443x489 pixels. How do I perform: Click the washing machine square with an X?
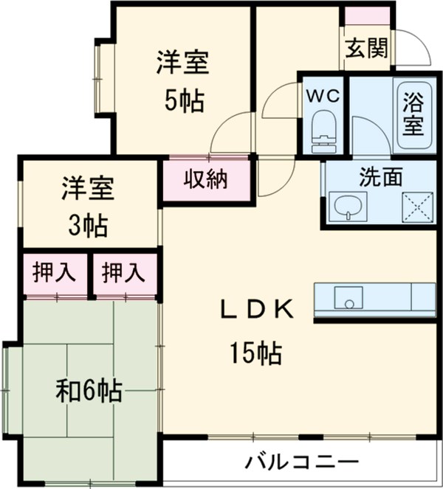415,206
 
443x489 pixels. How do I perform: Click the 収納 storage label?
205,178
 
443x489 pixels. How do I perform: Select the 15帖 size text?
253,355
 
